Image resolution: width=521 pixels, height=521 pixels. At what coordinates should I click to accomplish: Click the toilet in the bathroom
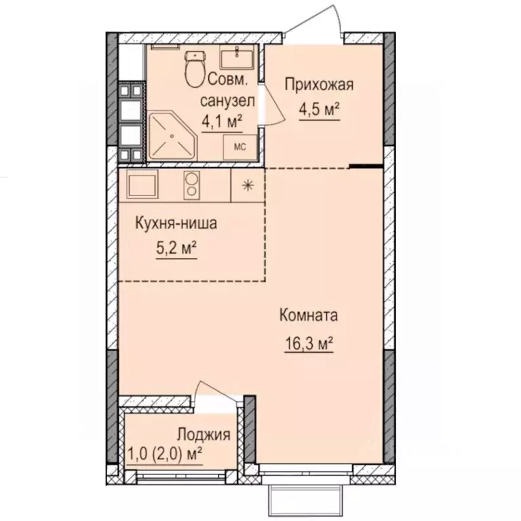(196, 68)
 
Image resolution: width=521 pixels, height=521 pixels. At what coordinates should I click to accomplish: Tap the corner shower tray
(171, 136)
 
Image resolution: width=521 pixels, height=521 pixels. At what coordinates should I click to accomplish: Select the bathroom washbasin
(242, 57)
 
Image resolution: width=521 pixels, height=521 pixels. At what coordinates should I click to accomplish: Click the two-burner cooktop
(192, 185)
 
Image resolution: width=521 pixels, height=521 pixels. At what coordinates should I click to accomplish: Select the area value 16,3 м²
(309, 344)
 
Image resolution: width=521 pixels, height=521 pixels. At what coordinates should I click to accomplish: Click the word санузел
(227, 101)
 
